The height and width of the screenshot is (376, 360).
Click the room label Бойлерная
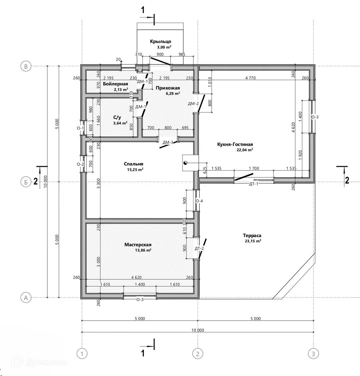click(115, 84)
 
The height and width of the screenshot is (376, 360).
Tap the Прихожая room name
click(168, 88)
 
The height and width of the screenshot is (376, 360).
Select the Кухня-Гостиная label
click(235, 144)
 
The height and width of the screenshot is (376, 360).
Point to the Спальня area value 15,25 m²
click(135, 170)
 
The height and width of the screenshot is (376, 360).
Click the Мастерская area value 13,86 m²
click(143, 250)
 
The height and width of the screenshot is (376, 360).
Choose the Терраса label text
click(252, 235)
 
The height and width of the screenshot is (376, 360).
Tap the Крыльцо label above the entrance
click(160, 41)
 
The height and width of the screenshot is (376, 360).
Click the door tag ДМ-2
click(193, 104)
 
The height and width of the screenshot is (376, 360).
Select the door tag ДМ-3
click(168, 142)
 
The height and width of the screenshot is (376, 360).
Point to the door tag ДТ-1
click(254, 184)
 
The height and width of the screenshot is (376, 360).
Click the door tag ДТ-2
click(199, 248)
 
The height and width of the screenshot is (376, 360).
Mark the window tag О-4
click(199, 201)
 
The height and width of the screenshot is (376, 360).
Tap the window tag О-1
click(80, 128)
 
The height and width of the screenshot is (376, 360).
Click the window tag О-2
click(80, 164)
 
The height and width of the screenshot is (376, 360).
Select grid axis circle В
click(26, 66)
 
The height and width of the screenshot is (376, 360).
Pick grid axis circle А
click(26, 298)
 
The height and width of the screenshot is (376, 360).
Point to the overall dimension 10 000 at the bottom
click(198, 330)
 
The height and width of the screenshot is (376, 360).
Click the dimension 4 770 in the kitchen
click(250, 78)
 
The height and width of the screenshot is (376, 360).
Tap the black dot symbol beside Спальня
click(185, 163)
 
